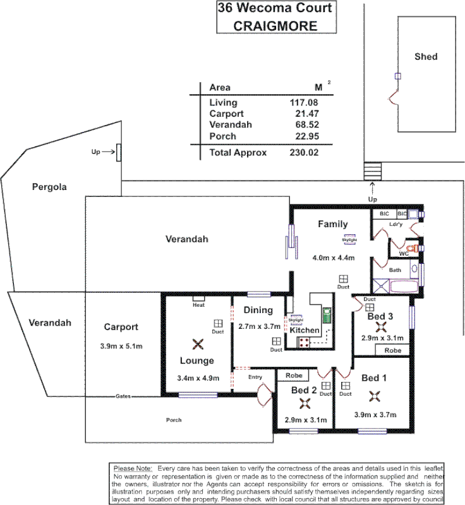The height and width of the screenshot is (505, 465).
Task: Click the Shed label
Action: [x=425, y=57]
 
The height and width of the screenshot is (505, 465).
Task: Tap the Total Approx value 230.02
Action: [x=302, y=152]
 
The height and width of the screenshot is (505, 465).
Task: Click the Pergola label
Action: [x=49, y=187]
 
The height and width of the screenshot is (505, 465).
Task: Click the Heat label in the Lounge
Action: [x=198, y=305]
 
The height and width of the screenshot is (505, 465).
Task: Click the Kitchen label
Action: [x=305, y=330]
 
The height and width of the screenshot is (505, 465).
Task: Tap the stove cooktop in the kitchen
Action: [x=303, y=343]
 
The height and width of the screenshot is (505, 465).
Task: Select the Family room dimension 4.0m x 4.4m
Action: [x=333, y=258]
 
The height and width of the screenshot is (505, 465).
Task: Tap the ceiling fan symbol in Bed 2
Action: [x=305, y=405]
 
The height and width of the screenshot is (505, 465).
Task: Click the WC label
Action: [x=403, y=254]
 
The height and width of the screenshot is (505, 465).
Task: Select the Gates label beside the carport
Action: [x=124, y=397]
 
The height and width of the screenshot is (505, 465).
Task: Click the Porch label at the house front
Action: [x=174, y=420]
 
